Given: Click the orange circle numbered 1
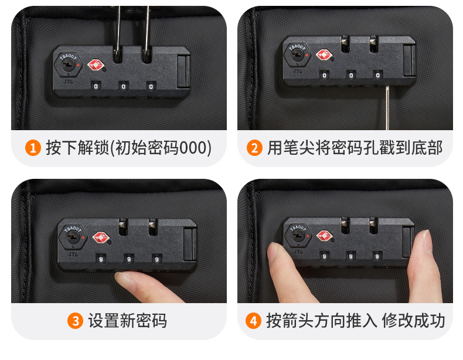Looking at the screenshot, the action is tap(33, 148).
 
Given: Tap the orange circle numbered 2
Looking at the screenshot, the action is tap(254, 148).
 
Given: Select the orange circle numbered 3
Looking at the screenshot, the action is tap(75, 321).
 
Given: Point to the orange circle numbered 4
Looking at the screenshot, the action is tap(253, 321).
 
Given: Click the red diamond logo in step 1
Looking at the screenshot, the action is tap(96, 65).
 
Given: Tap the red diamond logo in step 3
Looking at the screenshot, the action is tap(101, 237).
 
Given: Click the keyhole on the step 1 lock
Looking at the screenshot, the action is tap(69, 64).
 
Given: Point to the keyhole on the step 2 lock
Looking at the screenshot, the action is tap(297, 55).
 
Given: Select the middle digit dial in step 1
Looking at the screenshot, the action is tap(124, 87).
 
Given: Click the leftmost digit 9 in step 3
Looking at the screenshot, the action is tap(101, 259).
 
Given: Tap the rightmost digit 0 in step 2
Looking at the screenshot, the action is tap(377, 75).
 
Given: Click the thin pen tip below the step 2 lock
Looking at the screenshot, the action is tap(387, 108).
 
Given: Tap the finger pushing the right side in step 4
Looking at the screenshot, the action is tap(424, 266).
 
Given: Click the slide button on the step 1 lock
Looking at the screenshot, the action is tap(183, 72).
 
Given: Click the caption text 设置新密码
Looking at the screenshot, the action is tap(128, 321).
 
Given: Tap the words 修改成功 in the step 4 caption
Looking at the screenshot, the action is tap(413, 321).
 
